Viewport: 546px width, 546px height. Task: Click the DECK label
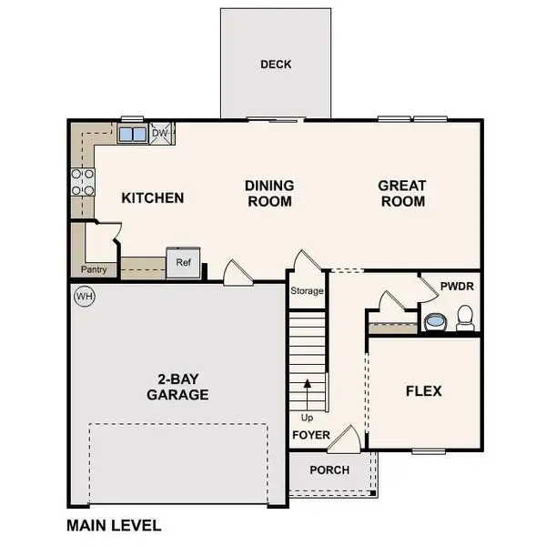click(275, 65)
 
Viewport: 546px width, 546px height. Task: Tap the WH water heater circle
click(85, 296)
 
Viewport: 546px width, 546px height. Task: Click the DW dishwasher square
click(161, 134)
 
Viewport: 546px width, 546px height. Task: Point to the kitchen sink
click(132, 135)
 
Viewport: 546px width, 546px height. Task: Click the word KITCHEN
click(153, 197)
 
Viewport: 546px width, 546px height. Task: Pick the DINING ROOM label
click(269, 193)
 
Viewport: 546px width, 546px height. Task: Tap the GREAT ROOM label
click(401, 193)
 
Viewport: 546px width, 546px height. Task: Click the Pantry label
click(95, 270)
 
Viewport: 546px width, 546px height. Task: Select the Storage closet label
click(307, 291)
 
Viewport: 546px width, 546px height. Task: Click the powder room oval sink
click(435, 321)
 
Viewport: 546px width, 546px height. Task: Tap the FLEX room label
click(423, 391)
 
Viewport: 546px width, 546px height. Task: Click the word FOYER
click(310, 434)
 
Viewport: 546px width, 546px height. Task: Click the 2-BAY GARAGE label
click(177, 387)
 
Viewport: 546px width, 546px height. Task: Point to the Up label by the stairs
click(308, 418)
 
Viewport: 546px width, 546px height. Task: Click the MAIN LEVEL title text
click(114, 525)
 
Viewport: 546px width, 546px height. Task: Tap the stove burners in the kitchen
click(83, 181)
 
